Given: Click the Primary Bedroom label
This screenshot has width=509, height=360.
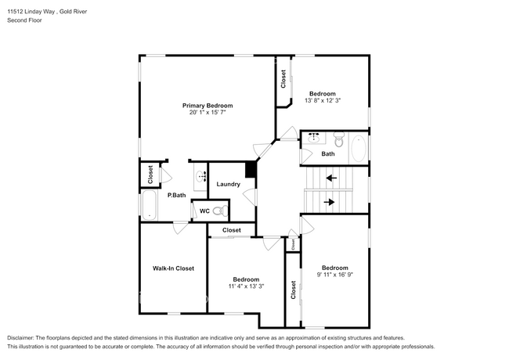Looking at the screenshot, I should pyautogui.click(x=208, y=106).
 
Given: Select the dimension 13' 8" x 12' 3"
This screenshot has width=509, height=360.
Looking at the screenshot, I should pyautogui.click(x=322, y=101).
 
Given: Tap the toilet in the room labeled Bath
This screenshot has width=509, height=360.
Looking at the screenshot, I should pyautogui.click(x=339, y=141).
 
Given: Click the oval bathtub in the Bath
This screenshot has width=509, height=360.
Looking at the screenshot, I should pyautogui.click(x=357, y=149).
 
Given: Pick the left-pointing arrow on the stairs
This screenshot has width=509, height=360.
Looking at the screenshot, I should pyautogui.click(x=332, y=178).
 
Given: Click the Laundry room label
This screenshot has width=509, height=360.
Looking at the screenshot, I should pyautogui.click(x=228, y=185).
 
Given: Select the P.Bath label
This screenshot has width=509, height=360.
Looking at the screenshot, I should pyautogui.click(x=176, y=195).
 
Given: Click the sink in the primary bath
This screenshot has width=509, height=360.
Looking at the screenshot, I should pyautogui.click(x=200, y=176).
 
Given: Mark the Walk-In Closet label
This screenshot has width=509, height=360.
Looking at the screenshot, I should pyautogui.click(x=173, y=268).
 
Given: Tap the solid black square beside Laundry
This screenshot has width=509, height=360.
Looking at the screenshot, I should pyautogui.click(x=251, y=170).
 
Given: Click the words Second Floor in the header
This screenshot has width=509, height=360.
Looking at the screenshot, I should pyautogui.click(x=25, y=20).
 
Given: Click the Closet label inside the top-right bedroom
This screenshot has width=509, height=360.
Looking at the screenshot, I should pyautogui.click(x=283, y=79).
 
